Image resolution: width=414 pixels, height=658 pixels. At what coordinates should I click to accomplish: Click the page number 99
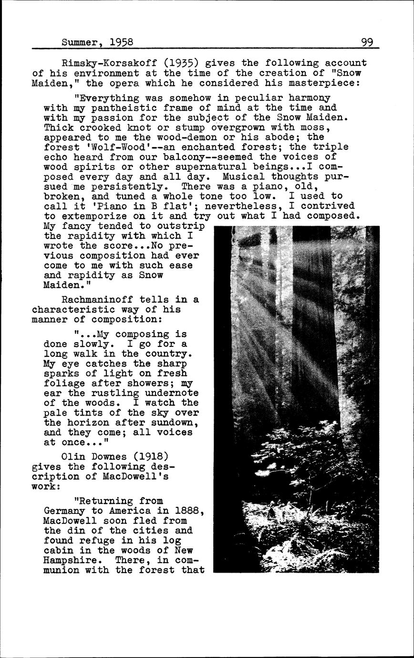[x=367, y=42]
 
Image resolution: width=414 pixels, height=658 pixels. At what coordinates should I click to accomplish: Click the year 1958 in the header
[x=121, y=42]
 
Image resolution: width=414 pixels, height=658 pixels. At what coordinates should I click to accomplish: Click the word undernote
[x=172, y=393]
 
